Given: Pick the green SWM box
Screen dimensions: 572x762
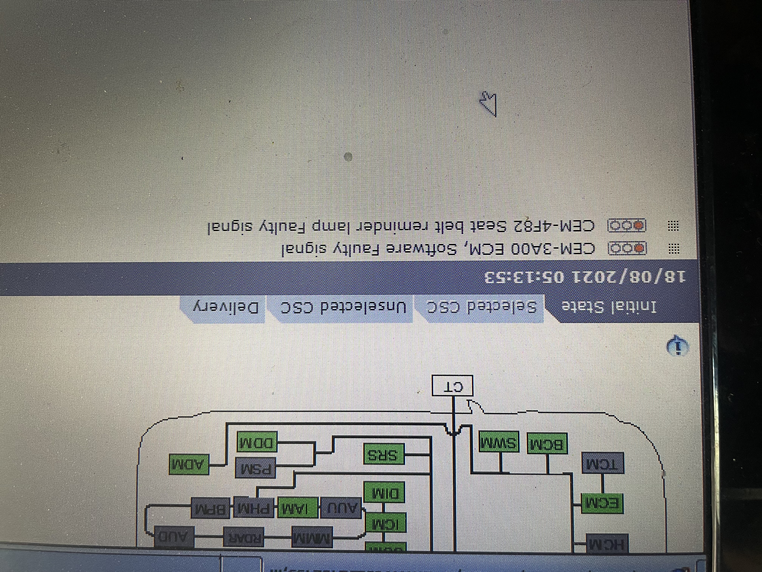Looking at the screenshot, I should pyautogui.click(x=499, y=441).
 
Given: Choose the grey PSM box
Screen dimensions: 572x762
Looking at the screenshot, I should pyautogui.click(x=255, y=468).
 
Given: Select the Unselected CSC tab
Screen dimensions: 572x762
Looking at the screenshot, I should pyautogui.click(x=343, y=308).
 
